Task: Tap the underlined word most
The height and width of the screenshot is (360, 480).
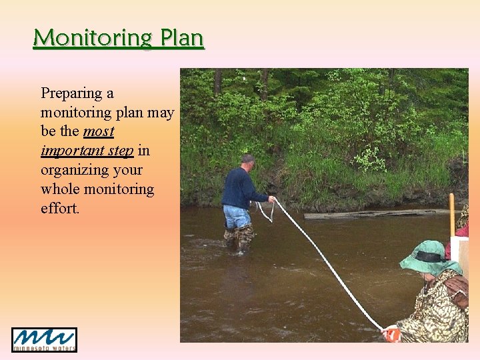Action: point(99,131)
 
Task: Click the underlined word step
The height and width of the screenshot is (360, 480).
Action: point(120,151)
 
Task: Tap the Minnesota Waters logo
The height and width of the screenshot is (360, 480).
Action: point(44,339)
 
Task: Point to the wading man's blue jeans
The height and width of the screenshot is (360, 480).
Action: point(237,217)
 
